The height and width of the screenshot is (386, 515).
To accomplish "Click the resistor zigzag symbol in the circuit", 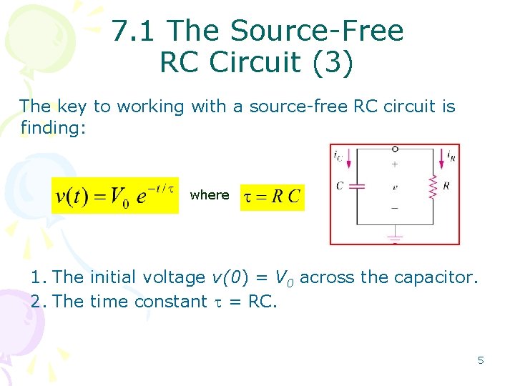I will (x=432, y=187).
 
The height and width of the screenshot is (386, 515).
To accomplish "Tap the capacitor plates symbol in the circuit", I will (x=356, y=186).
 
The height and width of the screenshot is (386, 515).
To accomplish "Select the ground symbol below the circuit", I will (x=394, y=235).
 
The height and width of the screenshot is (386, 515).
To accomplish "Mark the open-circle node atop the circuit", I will (x=395, y=149).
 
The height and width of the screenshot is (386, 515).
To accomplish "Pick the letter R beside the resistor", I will (x=447, y=186).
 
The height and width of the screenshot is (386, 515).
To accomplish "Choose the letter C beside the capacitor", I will (x=339, y=186).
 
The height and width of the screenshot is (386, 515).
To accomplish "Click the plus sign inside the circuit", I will (x=394, y=164).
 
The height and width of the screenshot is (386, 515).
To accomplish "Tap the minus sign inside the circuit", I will (x=394, y=208).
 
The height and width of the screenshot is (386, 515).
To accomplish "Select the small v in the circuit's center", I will (x=394, y=187).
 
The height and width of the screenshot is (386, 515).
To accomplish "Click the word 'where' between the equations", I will (x=210, y=195).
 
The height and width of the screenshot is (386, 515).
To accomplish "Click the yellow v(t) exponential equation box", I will (x=115, y=195).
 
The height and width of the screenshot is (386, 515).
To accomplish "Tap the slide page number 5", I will (x=481, y=360).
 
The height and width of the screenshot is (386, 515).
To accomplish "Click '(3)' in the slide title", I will (x=329, y=63).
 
